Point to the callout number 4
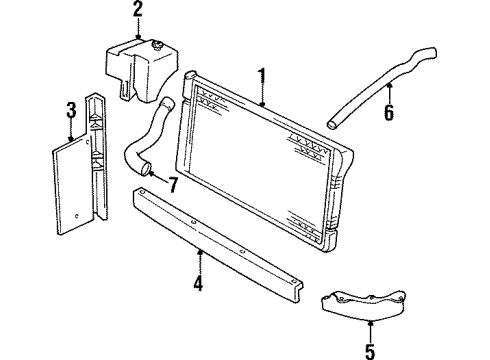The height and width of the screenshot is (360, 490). (199, 284)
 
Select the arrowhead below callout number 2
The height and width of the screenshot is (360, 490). (138, 37)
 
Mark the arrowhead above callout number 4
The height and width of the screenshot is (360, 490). (200, 250)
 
